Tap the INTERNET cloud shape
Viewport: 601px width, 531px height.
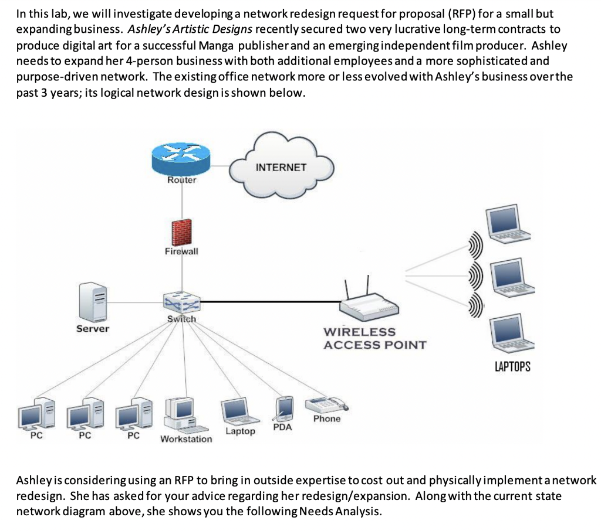point(281,166)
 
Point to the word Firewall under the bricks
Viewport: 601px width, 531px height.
point(181,251)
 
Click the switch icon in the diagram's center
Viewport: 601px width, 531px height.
point(181,303)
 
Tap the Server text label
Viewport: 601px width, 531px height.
point(93,329)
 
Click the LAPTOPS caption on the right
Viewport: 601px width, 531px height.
point(512,367)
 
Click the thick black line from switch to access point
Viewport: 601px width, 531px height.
point(270,302)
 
